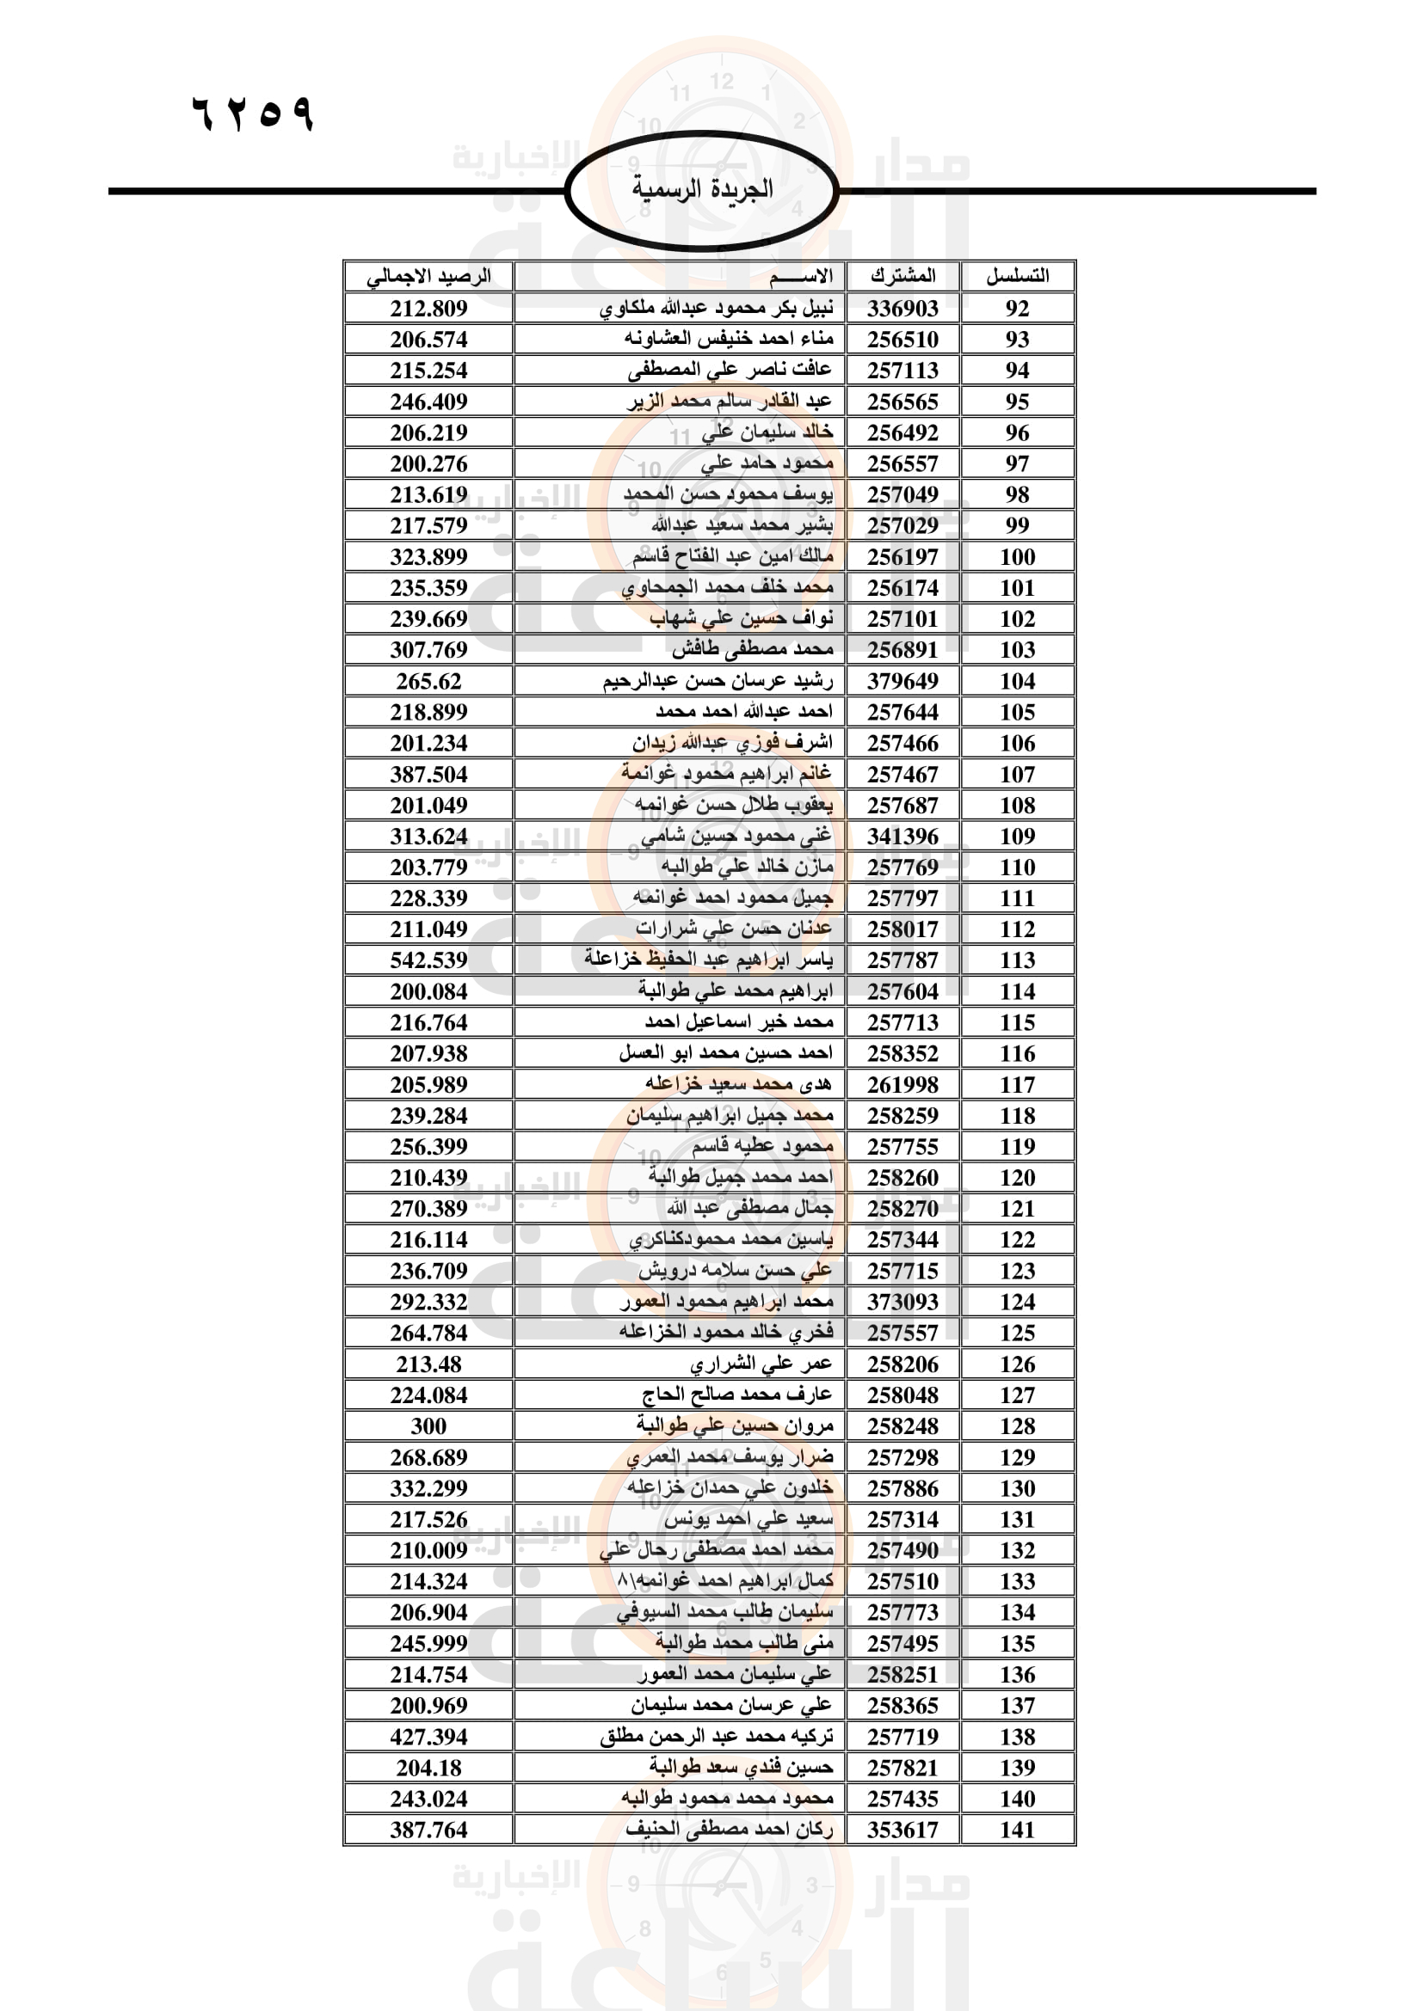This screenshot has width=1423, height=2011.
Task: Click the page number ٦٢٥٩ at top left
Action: tap(252, 113)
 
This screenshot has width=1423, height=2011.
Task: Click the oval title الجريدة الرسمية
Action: tap(702, 189)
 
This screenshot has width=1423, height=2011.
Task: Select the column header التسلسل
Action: tap(1017, 276)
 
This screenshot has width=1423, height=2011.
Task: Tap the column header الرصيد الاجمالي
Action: tap(428, 276)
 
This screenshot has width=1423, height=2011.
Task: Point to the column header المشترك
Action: tap(902, 276)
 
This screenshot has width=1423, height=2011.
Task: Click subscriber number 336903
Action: tap(902, 309)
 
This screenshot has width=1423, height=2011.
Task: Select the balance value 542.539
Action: tap(428, 960)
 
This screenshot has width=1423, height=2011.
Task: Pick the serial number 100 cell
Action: tap(1017, 557)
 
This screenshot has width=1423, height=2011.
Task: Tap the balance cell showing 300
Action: tap(428, 1425)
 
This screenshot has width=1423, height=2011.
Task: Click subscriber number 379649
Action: tap(902, 681)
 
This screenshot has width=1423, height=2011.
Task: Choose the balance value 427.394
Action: tap(428, 1736)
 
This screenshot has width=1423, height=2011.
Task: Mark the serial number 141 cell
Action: tap(1017, 1830)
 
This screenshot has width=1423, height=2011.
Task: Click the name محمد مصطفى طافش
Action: tap(753, 650)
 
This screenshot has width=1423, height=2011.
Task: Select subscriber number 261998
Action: tap(902, 1084)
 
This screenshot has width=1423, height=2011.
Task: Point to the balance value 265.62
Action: tap(428, 681)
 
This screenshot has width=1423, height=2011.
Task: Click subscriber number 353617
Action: tap(902, 1830)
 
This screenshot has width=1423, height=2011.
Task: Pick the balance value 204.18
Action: tap(428, 1768)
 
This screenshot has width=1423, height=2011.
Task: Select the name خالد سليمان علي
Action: tap(767, 432)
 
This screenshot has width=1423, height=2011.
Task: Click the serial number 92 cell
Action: tap(1017, 309)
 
